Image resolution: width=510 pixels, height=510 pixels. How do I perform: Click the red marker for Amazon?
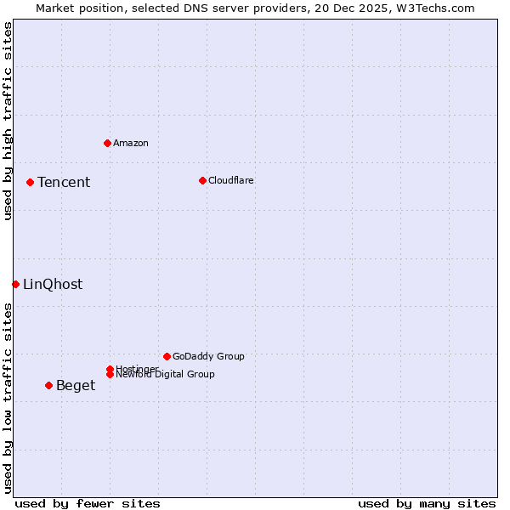click(x=107, y=143)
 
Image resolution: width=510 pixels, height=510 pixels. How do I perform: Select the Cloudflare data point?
click(x=202, y=180)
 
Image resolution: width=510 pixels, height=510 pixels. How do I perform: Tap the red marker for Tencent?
click(x=30, y=182)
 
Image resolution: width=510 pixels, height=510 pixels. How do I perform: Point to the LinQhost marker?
click(x=15, y=284)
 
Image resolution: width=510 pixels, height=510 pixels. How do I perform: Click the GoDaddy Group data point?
click(x=167, y=356)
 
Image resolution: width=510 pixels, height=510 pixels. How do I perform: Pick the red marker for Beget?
click(x=48, y=385)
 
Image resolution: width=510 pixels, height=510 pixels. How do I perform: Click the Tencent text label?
click(x=64, y=183)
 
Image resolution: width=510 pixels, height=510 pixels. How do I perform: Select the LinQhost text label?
click(x=53, y=285)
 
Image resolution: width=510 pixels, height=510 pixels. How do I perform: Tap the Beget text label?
click(x=76, y=386)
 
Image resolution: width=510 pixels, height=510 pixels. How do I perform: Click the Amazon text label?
click(x=131, y=143)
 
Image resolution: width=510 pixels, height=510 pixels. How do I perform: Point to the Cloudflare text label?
click(x=231, y=180)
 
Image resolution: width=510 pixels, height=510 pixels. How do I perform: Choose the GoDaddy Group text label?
click(x=208, y=357)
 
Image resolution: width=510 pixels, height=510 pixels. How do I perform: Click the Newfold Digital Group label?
click(x=166, y=375)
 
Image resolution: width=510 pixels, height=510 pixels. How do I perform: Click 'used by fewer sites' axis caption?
click(x=88, y=503)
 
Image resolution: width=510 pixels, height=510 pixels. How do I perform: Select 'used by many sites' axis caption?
click(x=427, y=503)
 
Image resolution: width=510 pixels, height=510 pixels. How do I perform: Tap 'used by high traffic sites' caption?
click(x=8, y=121)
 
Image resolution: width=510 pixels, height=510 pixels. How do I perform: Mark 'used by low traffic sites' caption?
click(x=8, y=398)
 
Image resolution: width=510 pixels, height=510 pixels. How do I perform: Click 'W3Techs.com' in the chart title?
click(x=433, y=8)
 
